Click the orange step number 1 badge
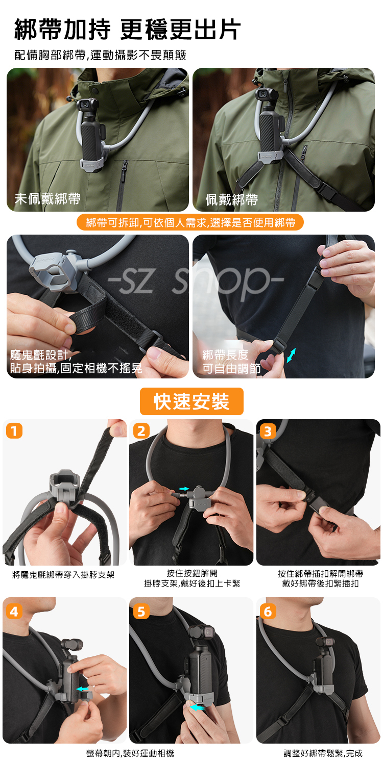(14, 431)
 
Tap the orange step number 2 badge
(141, 431)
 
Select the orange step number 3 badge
(268, 431)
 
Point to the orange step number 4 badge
(14, 612)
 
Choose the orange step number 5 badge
(141, 612)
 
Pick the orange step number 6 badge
(268, 612)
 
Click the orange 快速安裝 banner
(192, 401)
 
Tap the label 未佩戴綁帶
(47, 198)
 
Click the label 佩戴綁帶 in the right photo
(232, 199)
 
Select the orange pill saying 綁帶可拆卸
(190, 222)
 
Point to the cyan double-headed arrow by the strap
(291, 355)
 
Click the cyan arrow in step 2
(184, 489)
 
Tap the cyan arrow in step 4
(82, 690)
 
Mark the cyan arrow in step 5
(197, 708)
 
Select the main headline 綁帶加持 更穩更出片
(128, 30)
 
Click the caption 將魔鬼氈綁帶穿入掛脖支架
(63, 575)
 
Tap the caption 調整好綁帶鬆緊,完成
(323, 753)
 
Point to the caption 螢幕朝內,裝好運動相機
(130, 753)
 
